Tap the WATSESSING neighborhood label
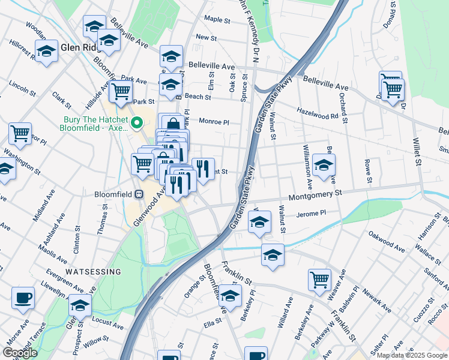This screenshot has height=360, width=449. point(93,272)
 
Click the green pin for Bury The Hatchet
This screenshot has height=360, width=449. point(137,124)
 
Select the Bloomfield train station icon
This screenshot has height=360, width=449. point(139,194)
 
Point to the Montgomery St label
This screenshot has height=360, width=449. point(315,194)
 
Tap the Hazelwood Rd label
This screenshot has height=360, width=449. point(318,113)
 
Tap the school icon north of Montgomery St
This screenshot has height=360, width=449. point(324,165)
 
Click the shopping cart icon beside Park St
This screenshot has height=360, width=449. point(121,92)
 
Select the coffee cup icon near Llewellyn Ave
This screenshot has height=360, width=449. point(23,297)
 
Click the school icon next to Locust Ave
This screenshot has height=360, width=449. point(80,304)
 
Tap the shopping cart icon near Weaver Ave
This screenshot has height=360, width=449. point(319,278)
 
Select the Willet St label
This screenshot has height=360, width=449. point(416,150)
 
